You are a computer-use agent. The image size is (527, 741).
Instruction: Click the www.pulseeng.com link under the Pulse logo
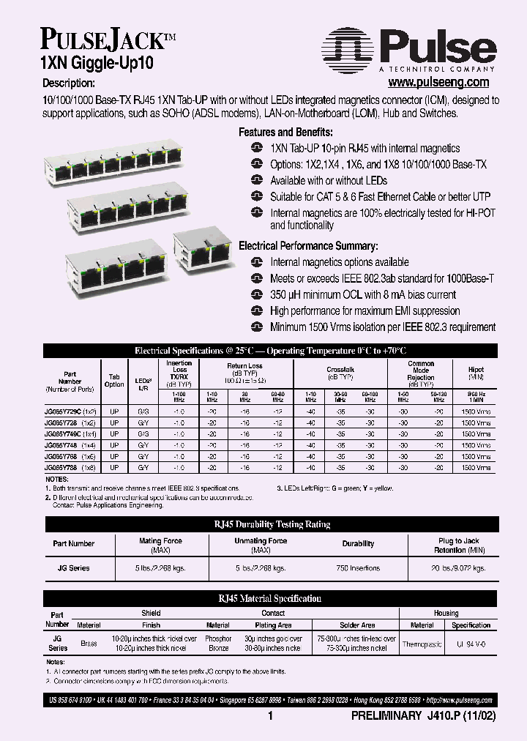[x=438, y=83]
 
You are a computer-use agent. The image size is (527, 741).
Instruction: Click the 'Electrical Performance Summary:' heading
[x=308, y=246]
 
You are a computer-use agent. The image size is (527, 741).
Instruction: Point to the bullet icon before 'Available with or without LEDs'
[x=256, y=180]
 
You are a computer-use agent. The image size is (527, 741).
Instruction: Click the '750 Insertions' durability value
[x=358, y=568]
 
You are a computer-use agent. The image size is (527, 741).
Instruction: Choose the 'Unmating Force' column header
[x=261, y=544]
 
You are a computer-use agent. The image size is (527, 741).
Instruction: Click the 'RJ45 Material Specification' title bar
[x=270, y=598]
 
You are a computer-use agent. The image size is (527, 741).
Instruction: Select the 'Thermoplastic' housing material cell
[x=422, y=644]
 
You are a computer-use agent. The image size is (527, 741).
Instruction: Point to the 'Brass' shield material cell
[x=89, y=644]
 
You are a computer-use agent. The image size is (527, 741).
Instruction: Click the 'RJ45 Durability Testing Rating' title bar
[x=270, y=524]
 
